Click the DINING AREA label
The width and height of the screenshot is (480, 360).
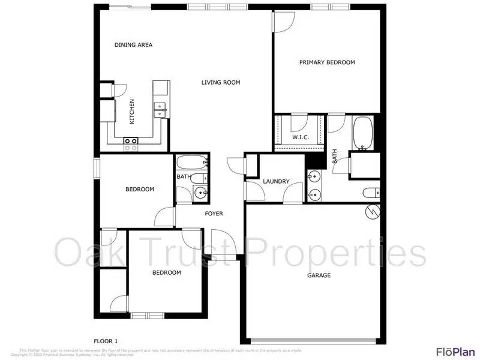[133, 45]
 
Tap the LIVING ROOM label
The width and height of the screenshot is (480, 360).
[221, 82]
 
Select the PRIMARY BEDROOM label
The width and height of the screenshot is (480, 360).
[327, 62]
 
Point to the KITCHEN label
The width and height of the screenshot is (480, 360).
[132, 112]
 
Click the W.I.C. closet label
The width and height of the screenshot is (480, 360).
[301, 137]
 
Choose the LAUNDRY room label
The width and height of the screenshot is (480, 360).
[276, 181]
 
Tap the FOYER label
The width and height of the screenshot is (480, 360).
[214, 214]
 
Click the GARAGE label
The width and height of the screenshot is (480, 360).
[319, 275]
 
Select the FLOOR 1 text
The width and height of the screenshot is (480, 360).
[110, 341]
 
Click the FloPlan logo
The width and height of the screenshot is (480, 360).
[455, 351]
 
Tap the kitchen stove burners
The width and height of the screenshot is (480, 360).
[131, 144]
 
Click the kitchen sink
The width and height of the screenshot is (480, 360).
[161, 109]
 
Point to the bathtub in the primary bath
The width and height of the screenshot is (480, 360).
[362, 133]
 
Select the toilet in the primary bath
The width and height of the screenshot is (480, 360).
[371, 193]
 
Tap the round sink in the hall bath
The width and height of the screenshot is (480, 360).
[201, 193]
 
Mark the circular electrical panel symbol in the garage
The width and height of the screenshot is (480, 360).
[373, 211]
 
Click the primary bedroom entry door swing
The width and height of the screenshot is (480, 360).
[282, 22]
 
